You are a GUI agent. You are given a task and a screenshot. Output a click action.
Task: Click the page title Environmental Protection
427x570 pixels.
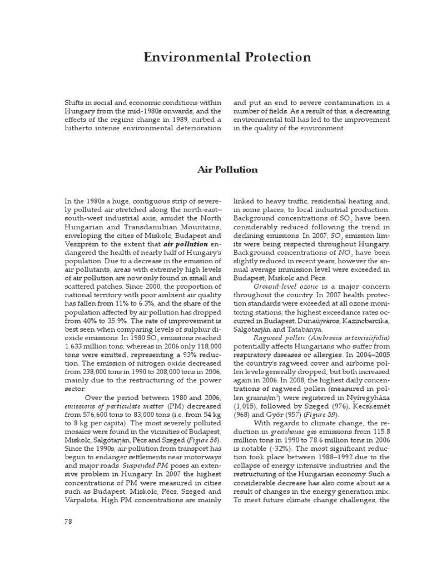[228, 57]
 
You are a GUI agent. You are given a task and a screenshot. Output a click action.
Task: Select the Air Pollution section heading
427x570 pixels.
[228, 169]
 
